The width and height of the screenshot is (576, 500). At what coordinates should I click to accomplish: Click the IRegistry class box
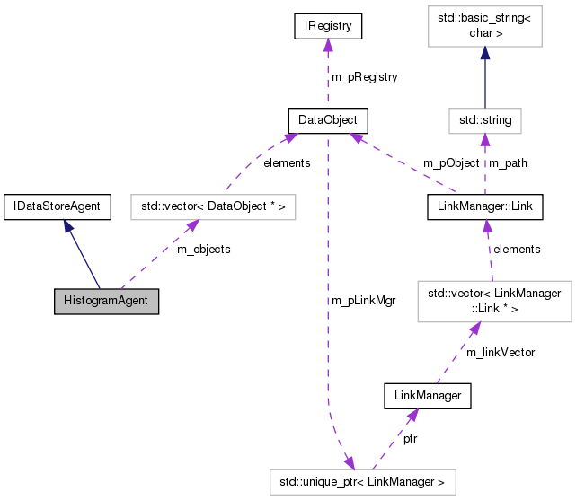point(328,28)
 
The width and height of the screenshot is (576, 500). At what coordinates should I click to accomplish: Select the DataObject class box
point(328,119)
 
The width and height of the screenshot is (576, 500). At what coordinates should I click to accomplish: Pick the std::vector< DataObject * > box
point(214,207)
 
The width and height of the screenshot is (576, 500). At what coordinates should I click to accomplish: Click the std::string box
point(484,119)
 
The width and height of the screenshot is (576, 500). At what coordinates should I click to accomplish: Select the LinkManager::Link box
point(484,207)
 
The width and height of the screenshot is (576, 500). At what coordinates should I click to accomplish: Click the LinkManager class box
point(428,395)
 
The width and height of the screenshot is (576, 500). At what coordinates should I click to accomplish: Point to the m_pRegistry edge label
point(364,77)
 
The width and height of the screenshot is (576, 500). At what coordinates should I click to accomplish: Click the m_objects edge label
point(203,249)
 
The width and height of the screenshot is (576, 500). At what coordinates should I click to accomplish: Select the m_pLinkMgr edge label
point(363,300)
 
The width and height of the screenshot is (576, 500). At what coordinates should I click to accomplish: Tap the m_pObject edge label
point(451,163)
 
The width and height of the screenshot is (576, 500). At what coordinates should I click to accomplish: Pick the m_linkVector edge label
point(500,353)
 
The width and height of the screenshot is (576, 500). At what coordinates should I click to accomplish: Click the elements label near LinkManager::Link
point(517,249)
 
